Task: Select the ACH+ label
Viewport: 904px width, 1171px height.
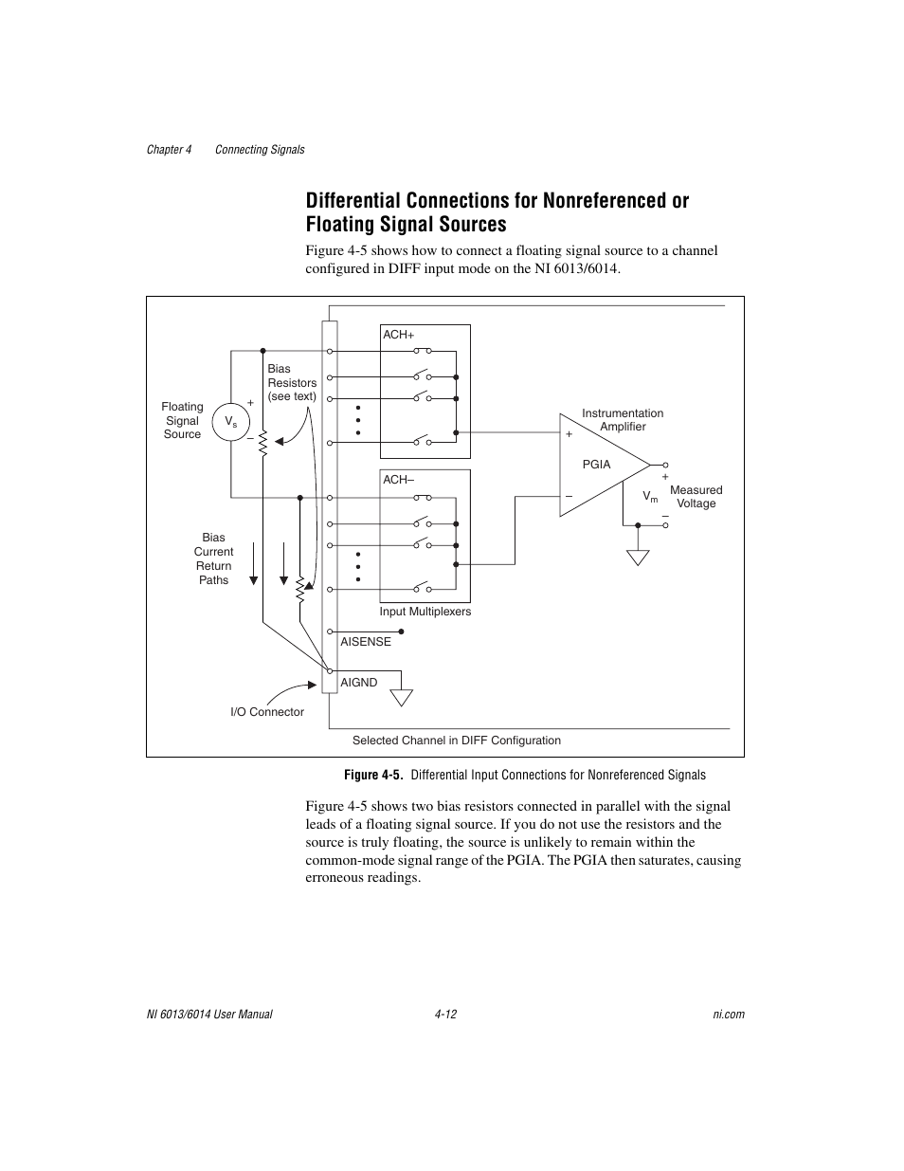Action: (x=399, y=335)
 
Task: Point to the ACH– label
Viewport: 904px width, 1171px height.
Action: (x=399, y=480)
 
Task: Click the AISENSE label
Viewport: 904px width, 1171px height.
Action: (x=366, y=642)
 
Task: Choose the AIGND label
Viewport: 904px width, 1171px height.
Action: (x=359, y=683)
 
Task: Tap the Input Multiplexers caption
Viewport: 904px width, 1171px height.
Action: (x=425, y=612)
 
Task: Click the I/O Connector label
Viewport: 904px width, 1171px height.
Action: (x=267, y=712)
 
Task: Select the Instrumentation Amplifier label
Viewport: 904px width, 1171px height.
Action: (x=623, y=420)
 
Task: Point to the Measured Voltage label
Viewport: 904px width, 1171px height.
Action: (x=696, y=497)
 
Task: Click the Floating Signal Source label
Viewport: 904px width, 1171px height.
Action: (x=182, y=420)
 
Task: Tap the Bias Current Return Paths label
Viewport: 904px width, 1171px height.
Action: (x=214, y=558)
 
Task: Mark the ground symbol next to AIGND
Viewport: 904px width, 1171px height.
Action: (x=402, y=697)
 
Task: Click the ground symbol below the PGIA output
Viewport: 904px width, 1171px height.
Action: (x=639, y=558)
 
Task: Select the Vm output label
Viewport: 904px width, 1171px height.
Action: (x=650, y=497)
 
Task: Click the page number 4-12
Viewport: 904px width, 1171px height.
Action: (x=446, y=1015)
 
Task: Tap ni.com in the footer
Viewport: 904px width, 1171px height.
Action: (x=729, y=1015)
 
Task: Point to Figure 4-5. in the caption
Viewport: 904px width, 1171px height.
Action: (x=373, y=775)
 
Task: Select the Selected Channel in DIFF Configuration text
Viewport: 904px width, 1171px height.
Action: (x=457, y=741)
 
